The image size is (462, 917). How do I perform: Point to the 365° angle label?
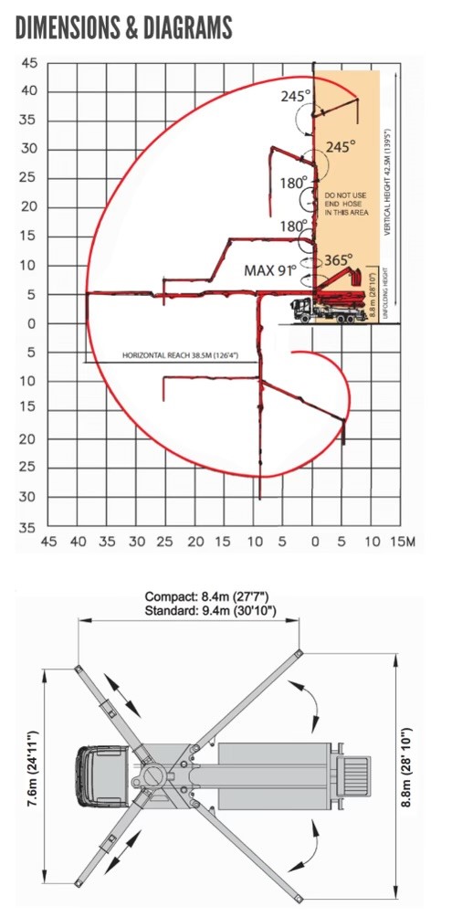pos(339,258)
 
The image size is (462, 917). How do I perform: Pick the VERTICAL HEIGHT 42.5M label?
pos(388,183)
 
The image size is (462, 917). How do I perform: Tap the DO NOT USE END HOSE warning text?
pos(347,204)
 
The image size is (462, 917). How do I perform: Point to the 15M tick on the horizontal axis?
pos(403,543)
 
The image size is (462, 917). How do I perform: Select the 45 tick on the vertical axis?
pos(30,62)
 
